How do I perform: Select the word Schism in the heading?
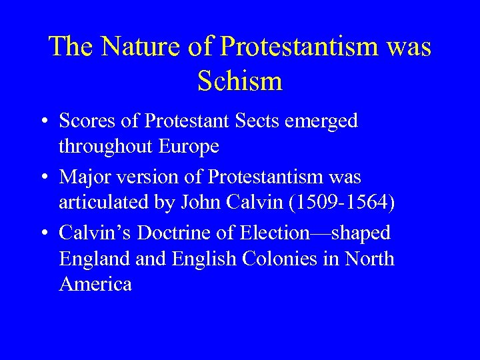(x=240, y=81)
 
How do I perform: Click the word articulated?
(x=99, y=203)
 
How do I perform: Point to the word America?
(x=95, y=284)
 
